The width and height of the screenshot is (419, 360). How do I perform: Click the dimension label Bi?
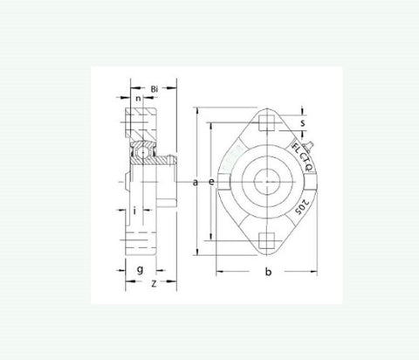click(154, 89)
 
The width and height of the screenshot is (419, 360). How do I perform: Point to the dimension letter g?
click(140, 269)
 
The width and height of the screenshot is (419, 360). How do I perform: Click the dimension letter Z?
click(154, 283)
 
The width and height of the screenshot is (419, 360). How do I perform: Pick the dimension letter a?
click(196, 182)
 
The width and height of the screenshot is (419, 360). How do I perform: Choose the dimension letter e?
click(211, 182)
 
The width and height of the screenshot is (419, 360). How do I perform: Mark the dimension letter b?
click(268, 273)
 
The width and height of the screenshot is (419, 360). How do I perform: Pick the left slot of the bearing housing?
click(224, 182)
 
